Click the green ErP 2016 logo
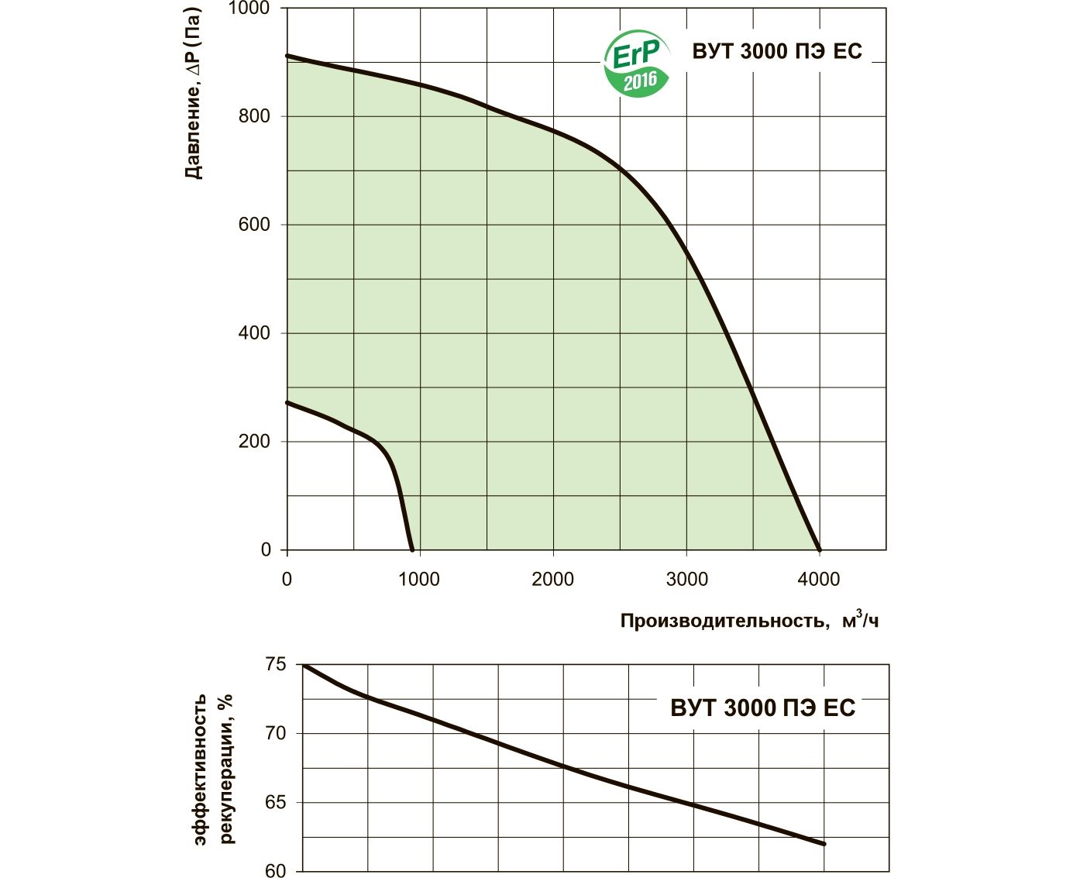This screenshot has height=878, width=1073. coord(635,64)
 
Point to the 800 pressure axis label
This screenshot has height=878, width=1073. coord(254,116)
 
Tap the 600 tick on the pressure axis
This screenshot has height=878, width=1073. coord(254,225)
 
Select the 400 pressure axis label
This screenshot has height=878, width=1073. coord(254,333)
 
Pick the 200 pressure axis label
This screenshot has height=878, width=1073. coord(254,442)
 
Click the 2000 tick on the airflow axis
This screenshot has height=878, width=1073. coord(552,579)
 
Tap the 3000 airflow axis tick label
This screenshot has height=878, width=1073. coord(686,579)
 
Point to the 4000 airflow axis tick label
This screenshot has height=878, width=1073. coord(819,579)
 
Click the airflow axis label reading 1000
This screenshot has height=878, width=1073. coord(419,579)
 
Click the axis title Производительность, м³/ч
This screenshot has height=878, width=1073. coord(749,620)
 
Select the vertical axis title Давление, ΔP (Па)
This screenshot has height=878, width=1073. coord(193,93)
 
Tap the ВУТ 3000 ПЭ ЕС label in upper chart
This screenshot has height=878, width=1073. coord(777,51)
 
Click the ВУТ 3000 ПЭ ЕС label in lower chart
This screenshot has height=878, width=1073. coord(762,708)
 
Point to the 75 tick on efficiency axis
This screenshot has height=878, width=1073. coord(275,665)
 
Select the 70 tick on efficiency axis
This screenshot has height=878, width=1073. coord(275,733)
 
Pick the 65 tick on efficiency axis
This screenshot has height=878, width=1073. coord(275,803)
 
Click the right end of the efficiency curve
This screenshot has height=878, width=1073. coord(824,844)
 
